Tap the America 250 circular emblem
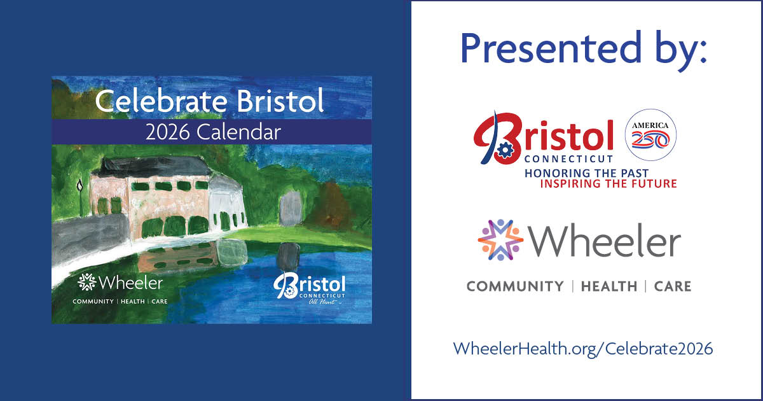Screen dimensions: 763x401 [x=650, y=135]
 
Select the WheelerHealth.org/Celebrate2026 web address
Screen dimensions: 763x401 [x=583, y=349]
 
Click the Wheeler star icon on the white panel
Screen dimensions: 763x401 [x=500, y=240]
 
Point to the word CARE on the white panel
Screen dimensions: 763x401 [x=673, y=286]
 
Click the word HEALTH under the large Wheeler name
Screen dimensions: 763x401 [x=609, y=286]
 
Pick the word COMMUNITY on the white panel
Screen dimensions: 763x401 [x=515, y=286]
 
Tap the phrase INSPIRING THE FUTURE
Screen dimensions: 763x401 [x=608, y=183]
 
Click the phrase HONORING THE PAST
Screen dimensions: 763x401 [x=586, y=173]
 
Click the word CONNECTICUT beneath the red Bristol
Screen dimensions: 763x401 [x=568, y=159]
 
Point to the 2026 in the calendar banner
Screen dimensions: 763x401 [x=167, y=132]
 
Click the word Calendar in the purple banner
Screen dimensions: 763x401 [x=239, y=132]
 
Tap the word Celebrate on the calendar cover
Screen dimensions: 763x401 [x=161, y=101]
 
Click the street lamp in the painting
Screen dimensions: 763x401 [x=80, y=198]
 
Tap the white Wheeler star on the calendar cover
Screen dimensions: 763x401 [x=87, y=282]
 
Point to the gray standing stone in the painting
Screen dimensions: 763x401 [x=291, y=208]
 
